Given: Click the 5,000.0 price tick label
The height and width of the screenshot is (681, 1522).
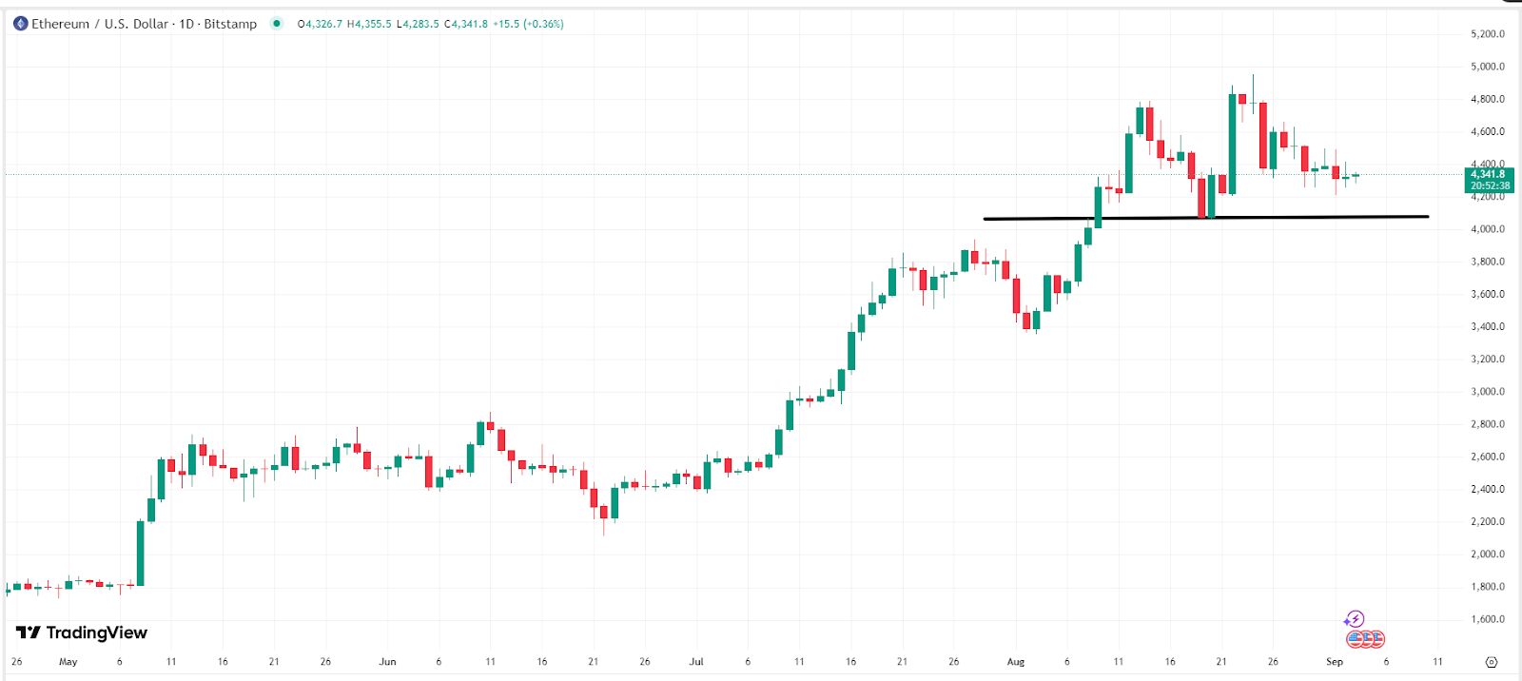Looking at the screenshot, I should tap(1487, 67).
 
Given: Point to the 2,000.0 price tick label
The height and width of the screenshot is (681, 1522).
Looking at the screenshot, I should tap(1487, 555).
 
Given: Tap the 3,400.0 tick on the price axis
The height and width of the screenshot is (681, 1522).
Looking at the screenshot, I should tap(1487, 327).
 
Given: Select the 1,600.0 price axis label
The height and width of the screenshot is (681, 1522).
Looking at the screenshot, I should tap(1487, 619).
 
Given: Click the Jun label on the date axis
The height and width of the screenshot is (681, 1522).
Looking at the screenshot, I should tap(387, 662).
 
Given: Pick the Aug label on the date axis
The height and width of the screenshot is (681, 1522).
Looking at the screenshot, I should tap(1016, 662).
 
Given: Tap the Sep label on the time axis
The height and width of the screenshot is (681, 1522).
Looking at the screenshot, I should tap(1335, 662).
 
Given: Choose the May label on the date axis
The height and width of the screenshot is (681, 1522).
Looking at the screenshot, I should tap(68, 662).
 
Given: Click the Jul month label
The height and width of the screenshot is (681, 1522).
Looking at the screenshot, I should tap(696, 662).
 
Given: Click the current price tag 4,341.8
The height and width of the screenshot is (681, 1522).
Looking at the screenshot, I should tap(1488, 174).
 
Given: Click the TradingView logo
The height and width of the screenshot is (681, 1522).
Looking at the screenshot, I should tap(82, 632).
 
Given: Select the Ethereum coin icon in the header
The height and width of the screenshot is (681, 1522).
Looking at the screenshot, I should tap(20, 24).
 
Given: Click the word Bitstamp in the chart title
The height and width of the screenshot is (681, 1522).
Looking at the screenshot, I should tap(230, 24).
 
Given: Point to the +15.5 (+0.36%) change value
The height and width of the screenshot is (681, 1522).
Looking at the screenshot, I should tap(528, 24).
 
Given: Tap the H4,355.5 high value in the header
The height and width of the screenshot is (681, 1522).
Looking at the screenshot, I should tap(369, 24).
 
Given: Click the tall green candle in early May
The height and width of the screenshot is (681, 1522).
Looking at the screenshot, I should tap(141, 553).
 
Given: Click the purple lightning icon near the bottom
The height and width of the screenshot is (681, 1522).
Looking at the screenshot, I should tap(1355, 619).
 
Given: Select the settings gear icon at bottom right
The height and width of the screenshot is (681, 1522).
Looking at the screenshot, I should tap(1492, 662).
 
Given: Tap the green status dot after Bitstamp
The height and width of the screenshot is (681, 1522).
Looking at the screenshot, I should tap(277, 24).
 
